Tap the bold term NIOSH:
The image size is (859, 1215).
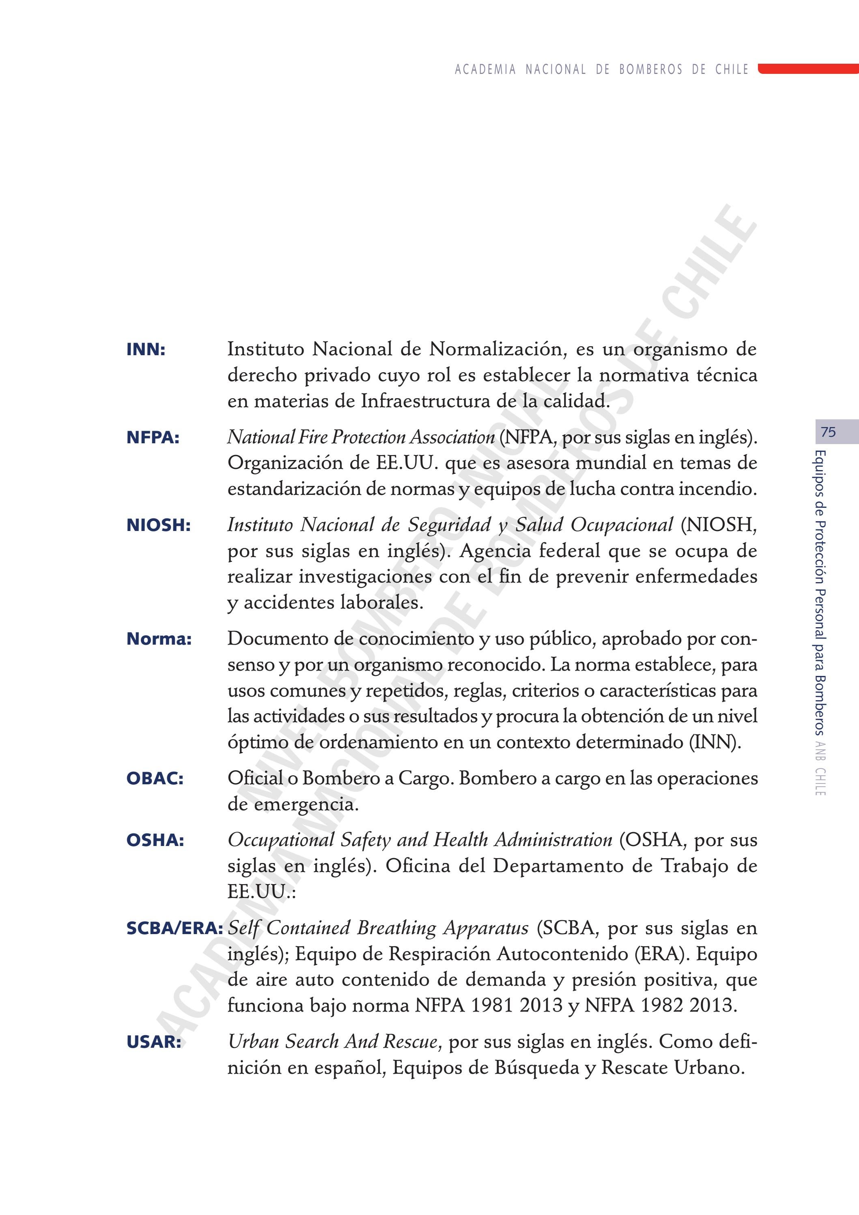click(158, 525)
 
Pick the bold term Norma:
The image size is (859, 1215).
click(159, 639)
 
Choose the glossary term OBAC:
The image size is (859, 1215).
click(155, 779)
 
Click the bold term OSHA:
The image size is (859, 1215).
click(155, 840)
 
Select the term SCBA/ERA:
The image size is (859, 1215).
click(174, 928)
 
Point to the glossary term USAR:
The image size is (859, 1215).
click(153, 1042)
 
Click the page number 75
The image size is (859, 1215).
click(828, 432)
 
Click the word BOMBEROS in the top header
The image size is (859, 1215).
click(650, 69)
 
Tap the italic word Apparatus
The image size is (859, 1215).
click(486, 928)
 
